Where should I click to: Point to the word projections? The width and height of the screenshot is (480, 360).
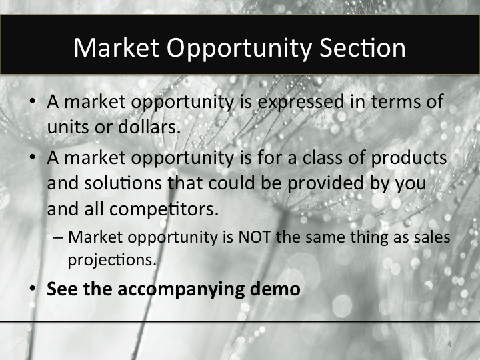pos(111,259)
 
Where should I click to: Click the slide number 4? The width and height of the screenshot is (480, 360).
pos(449,344)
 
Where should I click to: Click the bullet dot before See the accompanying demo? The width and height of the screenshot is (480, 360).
pos(33,290)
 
